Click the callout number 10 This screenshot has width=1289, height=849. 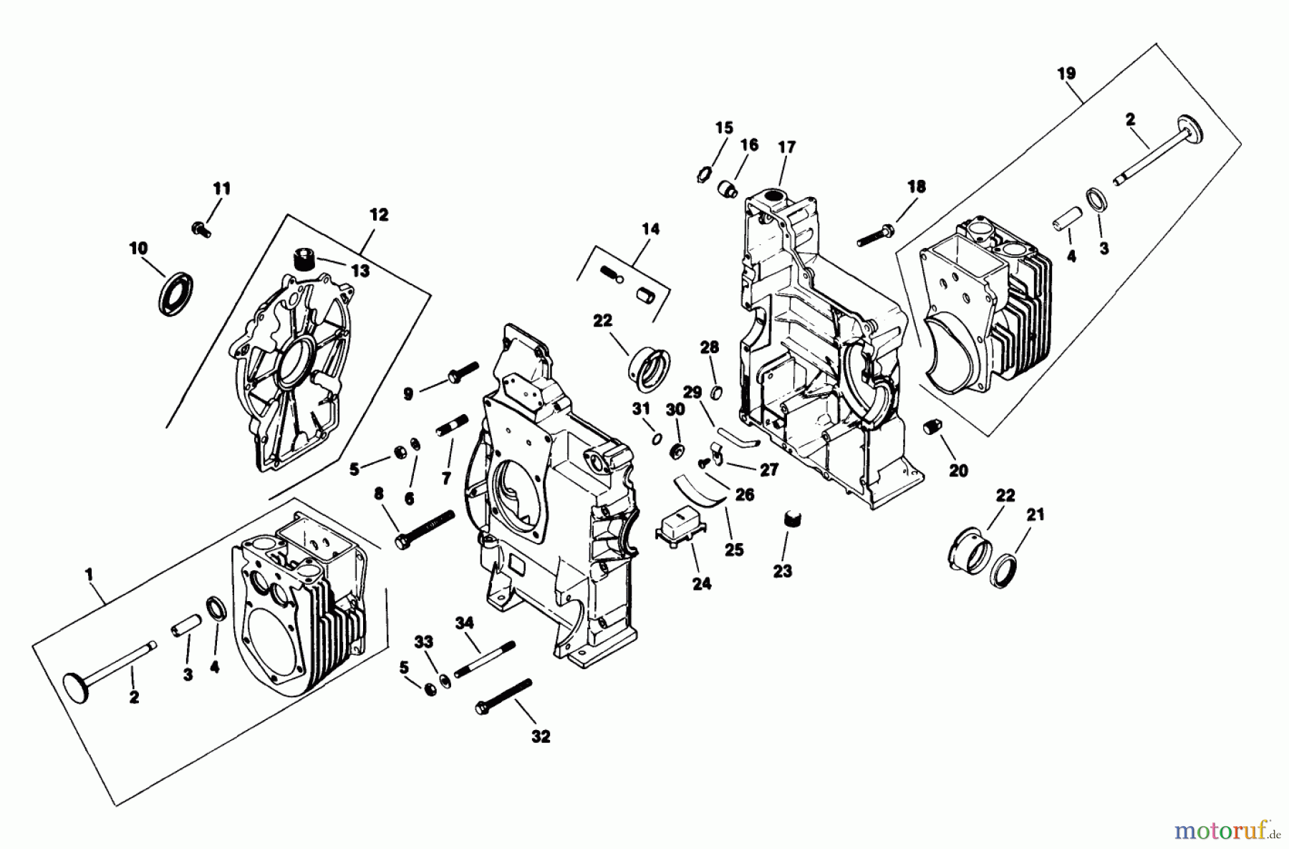click(x=138, y=248)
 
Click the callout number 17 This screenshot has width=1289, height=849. click(x=786, y=147)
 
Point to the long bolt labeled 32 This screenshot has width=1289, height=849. click(x=504, y=695)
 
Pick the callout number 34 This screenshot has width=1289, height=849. click(x=465, y=623)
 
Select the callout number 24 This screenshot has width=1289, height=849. click(x=702, y=584)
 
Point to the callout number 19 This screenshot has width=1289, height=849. click(x=1066, y=73)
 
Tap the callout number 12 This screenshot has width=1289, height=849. click(x=379, y=214)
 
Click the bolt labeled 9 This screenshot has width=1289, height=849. click(x=463, y=373)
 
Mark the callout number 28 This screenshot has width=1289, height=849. click(x=709, y=347)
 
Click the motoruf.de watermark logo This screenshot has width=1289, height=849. click(x=1229, y=831)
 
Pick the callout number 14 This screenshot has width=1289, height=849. click(x=650, y=229)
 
